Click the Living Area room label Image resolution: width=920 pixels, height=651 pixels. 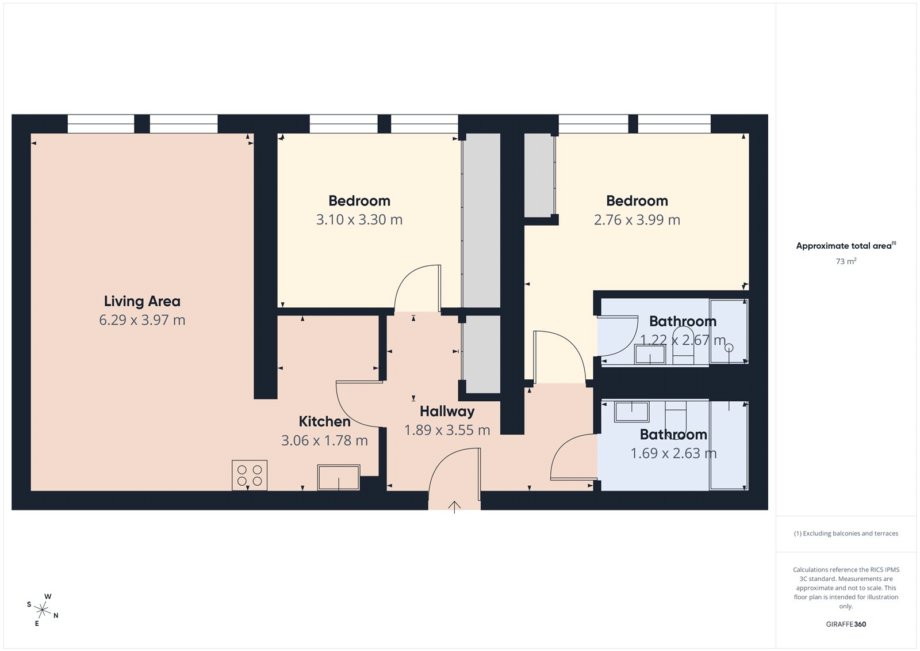pyautogui.click(x=142, y=301)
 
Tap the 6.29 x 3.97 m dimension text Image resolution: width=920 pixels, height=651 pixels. pyautogui.click(x=142, y=320)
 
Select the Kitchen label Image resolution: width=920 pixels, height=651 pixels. pyautogui.click(x=324, y=421)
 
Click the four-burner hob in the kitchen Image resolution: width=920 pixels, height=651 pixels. pyautogui.click(x=250, y=475)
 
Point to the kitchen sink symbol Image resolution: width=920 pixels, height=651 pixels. pyautogui.click(x=339, y=477)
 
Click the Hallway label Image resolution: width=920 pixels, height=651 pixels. pyautogui.click(x=447, y=411)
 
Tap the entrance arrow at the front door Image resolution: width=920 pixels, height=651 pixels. pyautogui.click(x=454, y=507)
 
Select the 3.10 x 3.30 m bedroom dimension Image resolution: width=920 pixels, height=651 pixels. pyautogui.click(x=359, y=220)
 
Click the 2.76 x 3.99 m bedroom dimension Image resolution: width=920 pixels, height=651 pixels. pyautogui.click(x=637, y=220)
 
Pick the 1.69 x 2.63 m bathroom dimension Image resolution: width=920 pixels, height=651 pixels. pyautogui.click(x=673, y=454)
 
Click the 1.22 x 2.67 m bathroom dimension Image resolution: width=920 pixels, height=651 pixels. pyautogui.click(x=683, y=340)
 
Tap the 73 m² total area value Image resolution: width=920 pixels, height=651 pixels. pyautogui.click(x=846, y=261)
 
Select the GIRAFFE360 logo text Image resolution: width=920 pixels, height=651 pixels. pyautogui.click(x=846, y=624)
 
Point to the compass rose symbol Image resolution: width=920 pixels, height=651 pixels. pyautogui.click(x=43, y=609)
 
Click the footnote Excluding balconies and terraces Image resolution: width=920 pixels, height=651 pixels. pyautogui.click(x=846, y=534)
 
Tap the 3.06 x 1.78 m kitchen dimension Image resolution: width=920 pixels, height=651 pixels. pyautogui.click(x=324, y=441)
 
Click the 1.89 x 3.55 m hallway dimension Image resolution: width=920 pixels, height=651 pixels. pyautogui.click(x=447, y=431)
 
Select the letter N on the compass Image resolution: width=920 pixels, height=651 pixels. pyautogui.click(x=56, y=615)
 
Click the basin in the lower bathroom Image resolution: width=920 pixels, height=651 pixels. pyautogui.click(x=632, y=412)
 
